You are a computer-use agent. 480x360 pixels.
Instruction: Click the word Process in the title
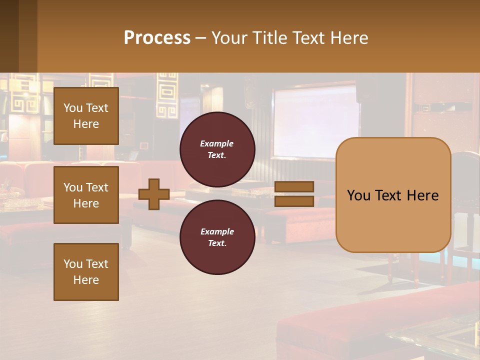157,38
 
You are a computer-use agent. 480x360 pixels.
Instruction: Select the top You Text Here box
86,116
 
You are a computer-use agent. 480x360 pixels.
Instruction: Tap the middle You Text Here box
86,195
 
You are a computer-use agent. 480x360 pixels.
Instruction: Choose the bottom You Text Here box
86,272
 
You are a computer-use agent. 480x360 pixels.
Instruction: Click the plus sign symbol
154,194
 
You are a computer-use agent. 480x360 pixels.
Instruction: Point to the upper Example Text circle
217,149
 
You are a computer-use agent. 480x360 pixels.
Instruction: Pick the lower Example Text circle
217,237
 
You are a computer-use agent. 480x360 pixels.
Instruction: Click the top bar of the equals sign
294,186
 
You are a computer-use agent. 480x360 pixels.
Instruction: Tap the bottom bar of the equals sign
294,201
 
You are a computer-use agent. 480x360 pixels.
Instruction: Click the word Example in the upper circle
217,143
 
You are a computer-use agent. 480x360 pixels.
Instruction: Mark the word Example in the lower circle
217,231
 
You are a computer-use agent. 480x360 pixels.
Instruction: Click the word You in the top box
73,108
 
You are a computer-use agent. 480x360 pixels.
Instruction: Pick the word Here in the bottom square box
86,280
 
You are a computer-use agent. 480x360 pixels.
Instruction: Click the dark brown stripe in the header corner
9,36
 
